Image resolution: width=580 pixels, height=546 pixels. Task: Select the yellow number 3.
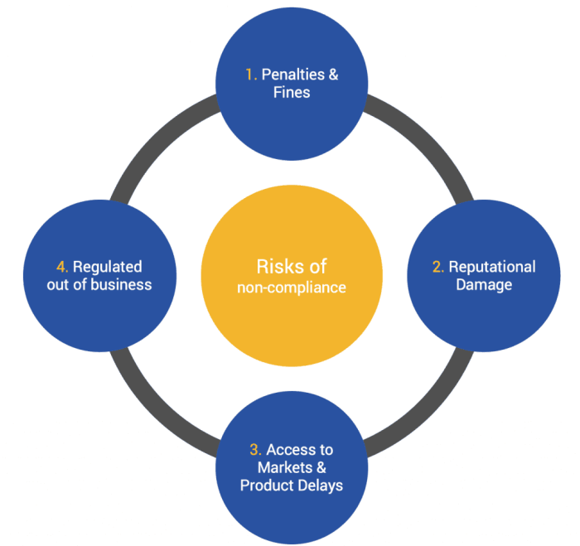pos(255,450)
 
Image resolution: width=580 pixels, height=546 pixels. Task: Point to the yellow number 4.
pos(62,267)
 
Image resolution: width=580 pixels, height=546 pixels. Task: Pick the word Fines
pos(292,92)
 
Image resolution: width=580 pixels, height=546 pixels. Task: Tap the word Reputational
pos(493,267)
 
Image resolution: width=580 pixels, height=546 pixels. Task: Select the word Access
pos(299,450)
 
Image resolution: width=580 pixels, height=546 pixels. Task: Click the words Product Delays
pos(292,486)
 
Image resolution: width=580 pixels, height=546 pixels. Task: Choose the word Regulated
pos(108,267)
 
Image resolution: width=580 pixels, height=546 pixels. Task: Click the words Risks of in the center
pos(292,266)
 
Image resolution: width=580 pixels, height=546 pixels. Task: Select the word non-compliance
pos(292,287)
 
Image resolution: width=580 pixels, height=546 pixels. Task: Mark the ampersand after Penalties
pos(333,75)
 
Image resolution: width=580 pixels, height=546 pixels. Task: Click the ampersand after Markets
pos(317,467)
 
